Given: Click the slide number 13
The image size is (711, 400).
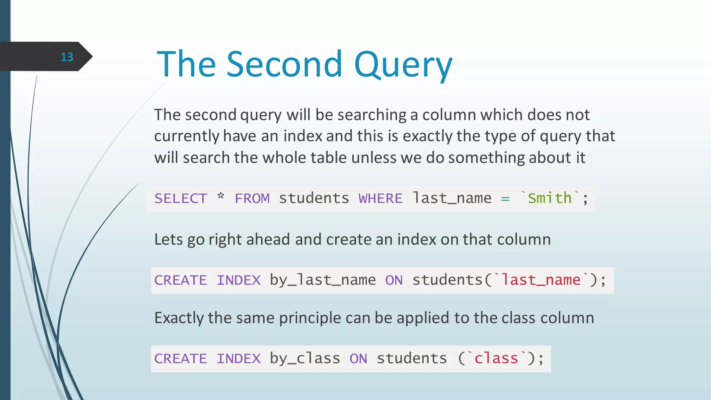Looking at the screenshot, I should coord(67,57).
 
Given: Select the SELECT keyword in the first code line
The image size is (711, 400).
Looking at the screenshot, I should coord(181,199).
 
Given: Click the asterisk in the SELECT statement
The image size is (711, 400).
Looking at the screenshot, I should coord(221,197).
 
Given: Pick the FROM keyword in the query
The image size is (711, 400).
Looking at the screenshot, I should coord(252,199).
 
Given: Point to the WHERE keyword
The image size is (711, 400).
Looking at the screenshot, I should coord(380,199).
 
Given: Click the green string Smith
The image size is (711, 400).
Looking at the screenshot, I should coord(550,198).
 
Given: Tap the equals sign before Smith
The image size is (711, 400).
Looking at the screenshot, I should coord(505,199).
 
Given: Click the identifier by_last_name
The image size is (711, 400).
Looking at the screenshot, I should coord(323,280).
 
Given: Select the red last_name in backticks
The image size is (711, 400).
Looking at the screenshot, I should coord(541,280).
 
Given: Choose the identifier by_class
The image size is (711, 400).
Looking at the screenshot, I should coord(305,359).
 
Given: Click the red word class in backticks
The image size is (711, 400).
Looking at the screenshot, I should coord(496,359).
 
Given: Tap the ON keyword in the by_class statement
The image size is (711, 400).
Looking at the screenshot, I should coord(358,359).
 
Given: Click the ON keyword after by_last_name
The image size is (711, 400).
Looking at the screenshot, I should coord(394,280).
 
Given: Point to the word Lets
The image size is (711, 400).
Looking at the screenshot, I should coord(168,240).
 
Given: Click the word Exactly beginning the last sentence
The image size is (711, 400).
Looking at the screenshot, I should coord(179,318).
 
